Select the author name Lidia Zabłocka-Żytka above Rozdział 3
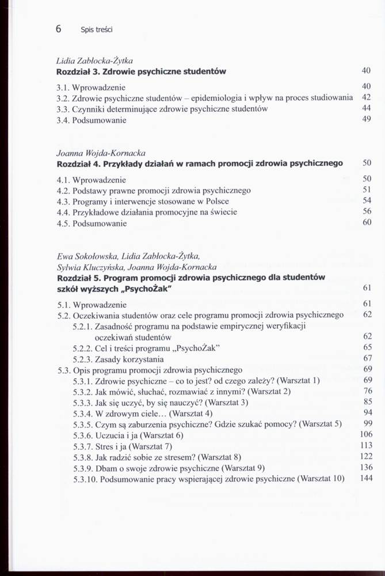(95, 60)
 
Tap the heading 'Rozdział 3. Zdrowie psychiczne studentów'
(141, 71)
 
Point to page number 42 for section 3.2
(366, 97)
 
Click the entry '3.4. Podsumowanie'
(92, 120)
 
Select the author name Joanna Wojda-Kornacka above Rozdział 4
(101, 153)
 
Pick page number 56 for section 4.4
(367, 211)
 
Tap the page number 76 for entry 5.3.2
(367, 391)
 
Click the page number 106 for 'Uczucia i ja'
(365, 434)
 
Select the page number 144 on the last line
(365, 478)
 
